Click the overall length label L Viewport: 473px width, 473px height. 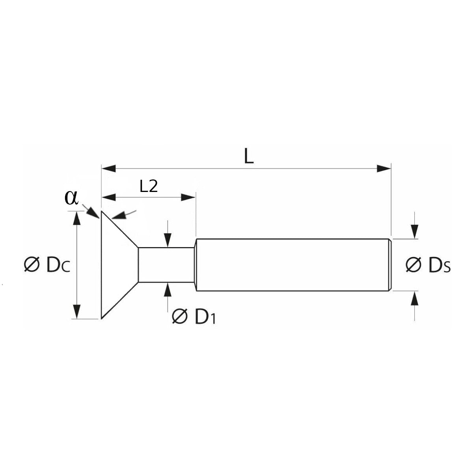pyautogui.click(x=248, y=156)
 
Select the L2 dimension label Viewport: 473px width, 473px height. pyautogui.click(x=149, y=186)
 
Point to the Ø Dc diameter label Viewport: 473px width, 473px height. pyautogui.click(x=47, y=265)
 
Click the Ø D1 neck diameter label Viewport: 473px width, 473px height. pyautogui.click(x=194, y=316)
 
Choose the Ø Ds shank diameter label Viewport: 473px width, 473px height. pyautogui.click(x=428, y=265)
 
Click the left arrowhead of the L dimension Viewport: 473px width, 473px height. pyautogui.click(x=108, y=169)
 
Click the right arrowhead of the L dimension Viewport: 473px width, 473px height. pyautogui.click(x=384, y=169)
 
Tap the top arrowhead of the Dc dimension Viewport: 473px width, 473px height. pyautogui.click(x=77, y=218)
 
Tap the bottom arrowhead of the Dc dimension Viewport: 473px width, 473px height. pyautogui.click(x=77, y=311)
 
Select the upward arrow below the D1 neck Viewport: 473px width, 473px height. pyautogui.click(x=168, y=290)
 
